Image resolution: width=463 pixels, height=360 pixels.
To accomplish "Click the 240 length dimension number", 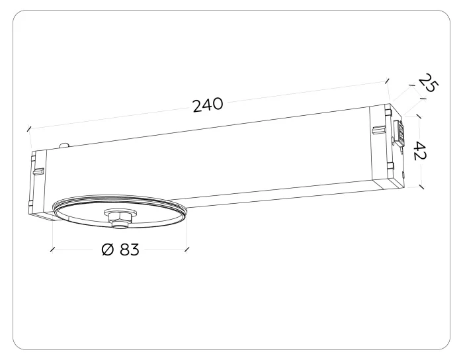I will coord(208,105).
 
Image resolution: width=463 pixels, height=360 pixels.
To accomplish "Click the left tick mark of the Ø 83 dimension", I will coord(52,249).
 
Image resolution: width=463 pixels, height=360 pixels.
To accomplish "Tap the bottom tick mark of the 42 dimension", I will coord(421,187).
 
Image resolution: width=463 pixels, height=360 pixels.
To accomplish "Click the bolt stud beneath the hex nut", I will coord(120,226).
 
